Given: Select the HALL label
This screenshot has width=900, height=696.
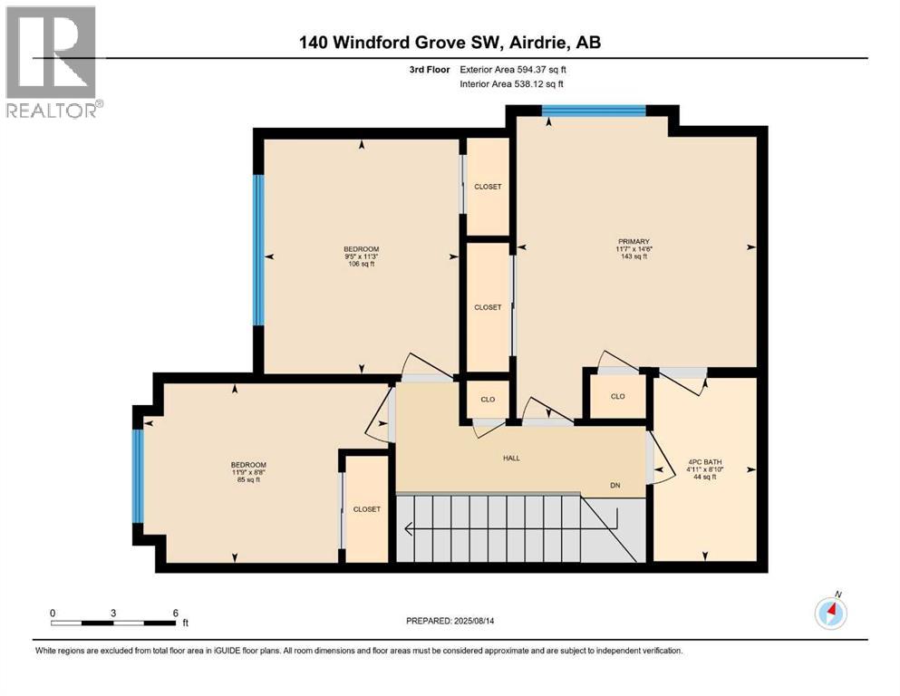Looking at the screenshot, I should [511, 458].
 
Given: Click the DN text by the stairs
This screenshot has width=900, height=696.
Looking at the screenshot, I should [615, 486].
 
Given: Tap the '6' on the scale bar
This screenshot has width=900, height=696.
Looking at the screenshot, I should [175, 612].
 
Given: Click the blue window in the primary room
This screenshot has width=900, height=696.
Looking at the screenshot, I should [594, 111].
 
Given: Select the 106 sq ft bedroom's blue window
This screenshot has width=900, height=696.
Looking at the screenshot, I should [258, 249].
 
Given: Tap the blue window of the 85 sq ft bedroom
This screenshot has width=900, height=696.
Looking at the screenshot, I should [138, 476].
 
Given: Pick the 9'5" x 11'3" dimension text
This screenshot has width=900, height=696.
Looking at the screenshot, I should [361, 257].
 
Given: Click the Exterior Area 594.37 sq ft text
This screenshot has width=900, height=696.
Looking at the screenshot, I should [518, 70].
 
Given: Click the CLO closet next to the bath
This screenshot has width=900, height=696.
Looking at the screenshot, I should [618, 396].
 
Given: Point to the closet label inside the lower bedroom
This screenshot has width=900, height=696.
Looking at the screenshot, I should [367, 509].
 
